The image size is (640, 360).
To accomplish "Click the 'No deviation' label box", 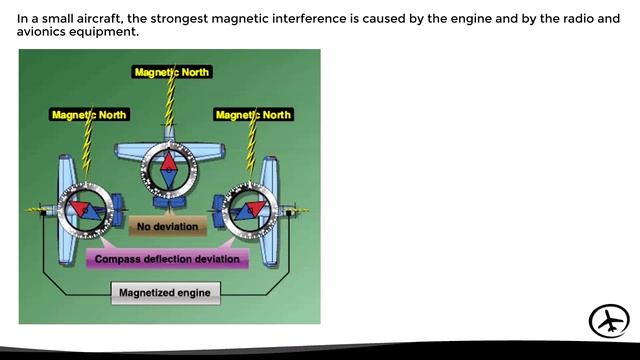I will coord(167,227).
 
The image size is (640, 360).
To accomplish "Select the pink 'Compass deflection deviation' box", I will coord(168,259).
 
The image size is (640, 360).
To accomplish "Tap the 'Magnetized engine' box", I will coord(165,293).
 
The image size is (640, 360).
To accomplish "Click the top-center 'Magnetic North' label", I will coord(171,72).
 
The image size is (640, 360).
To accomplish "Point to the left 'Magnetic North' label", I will coord(89,115).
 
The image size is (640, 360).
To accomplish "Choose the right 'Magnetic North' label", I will coord(252,115).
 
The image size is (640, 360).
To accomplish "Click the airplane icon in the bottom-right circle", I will coord(609,321).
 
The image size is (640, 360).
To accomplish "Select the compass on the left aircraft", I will coord(85,210).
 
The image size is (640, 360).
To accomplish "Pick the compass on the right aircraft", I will coord(250,210).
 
